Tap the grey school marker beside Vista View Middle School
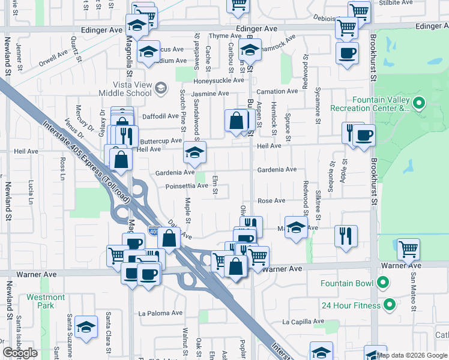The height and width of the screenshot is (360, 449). pos(160,89)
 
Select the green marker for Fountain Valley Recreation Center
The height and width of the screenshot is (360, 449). pos(419,104)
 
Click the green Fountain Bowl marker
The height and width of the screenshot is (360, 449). pos(384,283)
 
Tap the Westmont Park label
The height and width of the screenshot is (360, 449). pos(46,301)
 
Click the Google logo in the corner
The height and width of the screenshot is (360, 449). pos(20,353)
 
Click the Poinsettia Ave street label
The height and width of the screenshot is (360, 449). pos(187,186)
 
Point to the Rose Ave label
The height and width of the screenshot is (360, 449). pos(271,200)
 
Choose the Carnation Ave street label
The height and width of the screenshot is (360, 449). pos(277,91)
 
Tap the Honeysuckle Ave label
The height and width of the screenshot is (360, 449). pos(218,80)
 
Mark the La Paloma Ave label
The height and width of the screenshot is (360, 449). pos(159,313)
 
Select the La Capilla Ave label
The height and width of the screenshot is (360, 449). pos(303,321)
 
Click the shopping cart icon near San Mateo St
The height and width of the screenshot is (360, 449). pos(408,248)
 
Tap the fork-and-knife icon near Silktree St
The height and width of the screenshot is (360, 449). pos(346,235)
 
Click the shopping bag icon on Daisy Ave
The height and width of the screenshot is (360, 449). pos(169,237)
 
